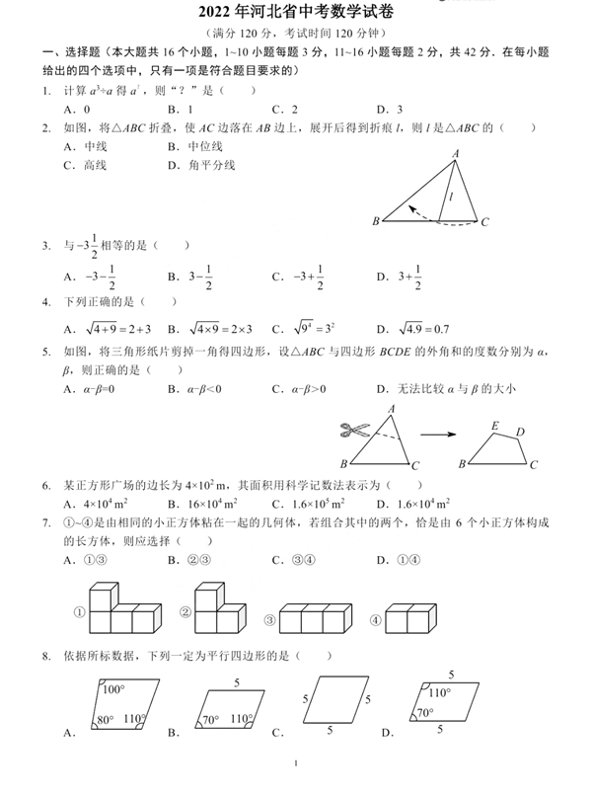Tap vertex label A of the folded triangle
pos(456,153)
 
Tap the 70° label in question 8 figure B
pos(210,720)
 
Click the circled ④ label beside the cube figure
pos(375,620)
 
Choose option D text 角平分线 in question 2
pos(212,165)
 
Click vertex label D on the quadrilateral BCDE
pos(520,432)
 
